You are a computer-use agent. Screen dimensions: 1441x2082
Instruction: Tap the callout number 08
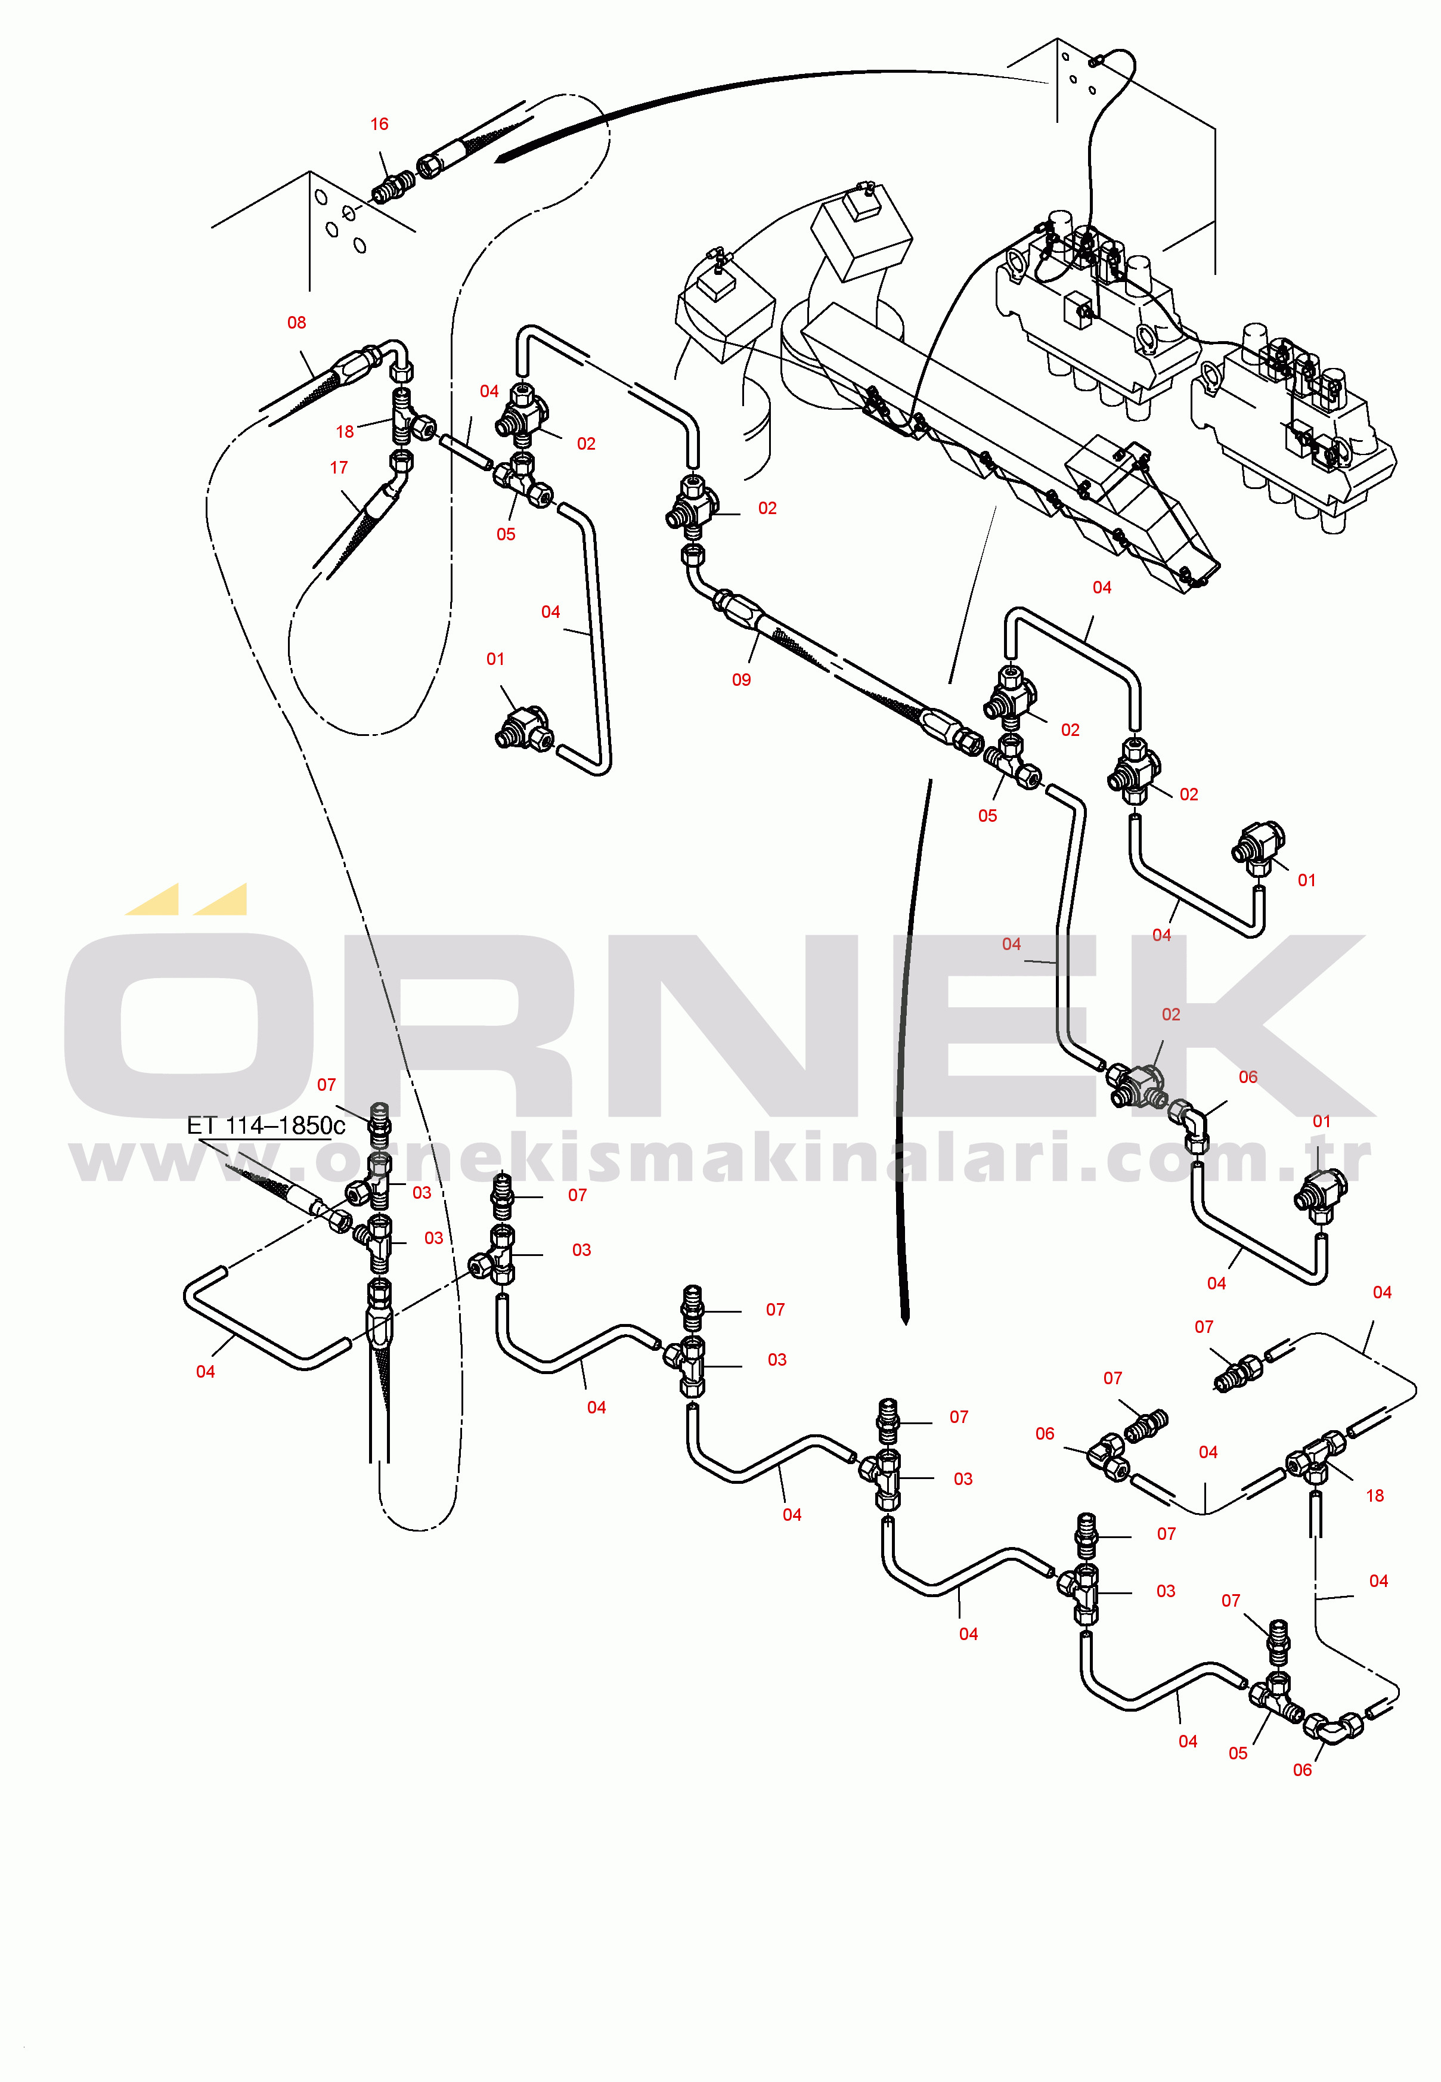pos(296,323)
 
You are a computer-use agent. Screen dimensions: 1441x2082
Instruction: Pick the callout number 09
pos(741,679)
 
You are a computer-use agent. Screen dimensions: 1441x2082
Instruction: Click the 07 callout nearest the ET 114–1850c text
pos(326,1085)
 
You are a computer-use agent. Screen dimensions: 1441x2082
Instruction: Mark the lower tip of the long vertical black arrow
pos(906,1324)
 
